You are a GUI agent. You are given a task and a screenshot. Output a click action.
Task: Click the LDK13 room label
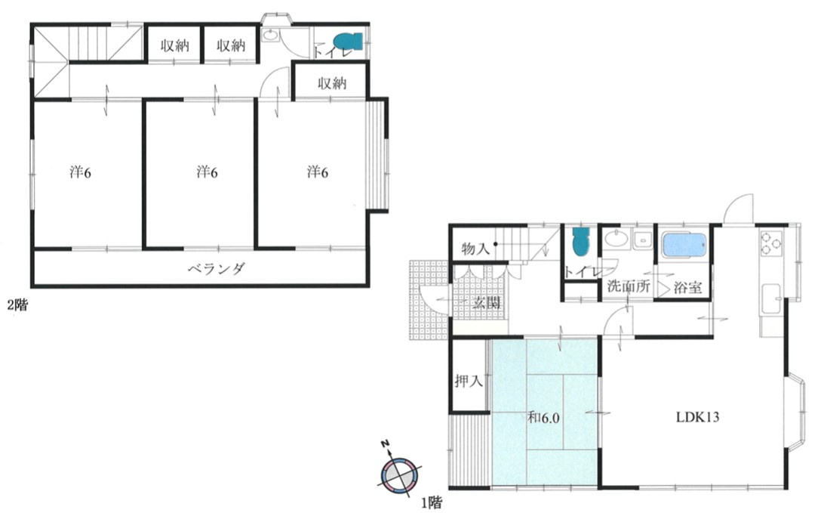coord(696,417)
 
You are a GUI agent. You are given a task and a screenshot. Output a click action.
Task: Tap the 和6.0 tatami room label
coord(543,419)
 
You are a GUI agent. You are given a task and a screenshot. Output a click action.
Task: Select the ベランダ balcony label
coord(217,269)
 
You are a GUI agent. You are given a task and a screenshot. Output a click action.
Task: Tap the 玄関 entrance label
coord(486,302)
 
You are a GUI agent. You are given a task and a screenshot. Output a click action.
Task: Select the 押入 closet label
coord(469,381)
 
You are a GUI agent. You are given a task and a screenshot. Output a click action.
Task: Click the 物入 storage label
coord(475,249)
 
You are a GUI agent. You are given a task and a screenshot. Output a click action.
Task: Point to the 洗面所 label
coord(629,287)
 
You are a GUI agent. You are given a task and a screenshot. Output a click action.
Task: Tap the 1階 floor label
coord(431,503)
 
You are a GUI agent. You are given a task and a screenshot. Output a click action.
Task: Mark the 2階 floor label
coord(17,304)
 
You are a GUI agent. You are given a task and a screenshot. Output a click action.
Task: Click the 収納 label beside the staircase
coord(174,46)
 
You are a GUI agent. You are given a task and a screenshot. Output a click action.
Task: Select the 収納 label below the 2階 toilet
coord(332,83)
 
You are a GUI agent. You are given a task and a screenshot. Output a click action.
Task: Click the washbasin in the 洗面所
coord(616,239)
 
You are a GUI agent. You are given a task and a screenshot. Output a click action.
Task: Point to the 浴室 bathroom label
coord(688,288)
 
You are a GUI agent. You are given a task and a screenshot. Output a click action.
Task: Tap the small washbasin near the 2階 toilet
coord(269,36)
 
